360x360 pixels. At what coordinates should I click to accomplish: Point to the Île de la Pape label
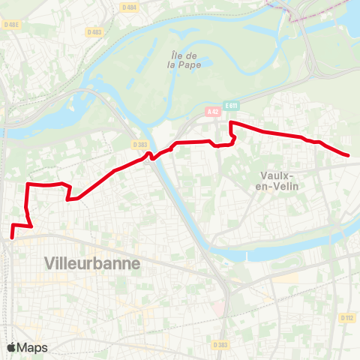183,59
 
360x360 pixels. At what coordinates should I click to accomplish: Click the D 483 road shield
94,32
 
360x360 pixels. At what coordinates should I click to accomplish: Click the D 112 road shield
346,318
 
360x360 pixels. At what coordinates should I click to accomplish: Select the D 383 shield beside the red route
139,144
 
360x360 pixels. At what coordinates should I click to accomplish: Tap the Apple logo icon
11,347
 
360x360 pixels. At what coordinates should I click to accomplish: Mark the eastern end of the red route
349,155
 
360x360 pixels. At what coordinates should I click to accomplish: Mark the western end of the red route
13,238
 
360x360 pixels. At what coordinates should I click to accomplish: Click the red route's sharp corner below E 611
229,122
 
